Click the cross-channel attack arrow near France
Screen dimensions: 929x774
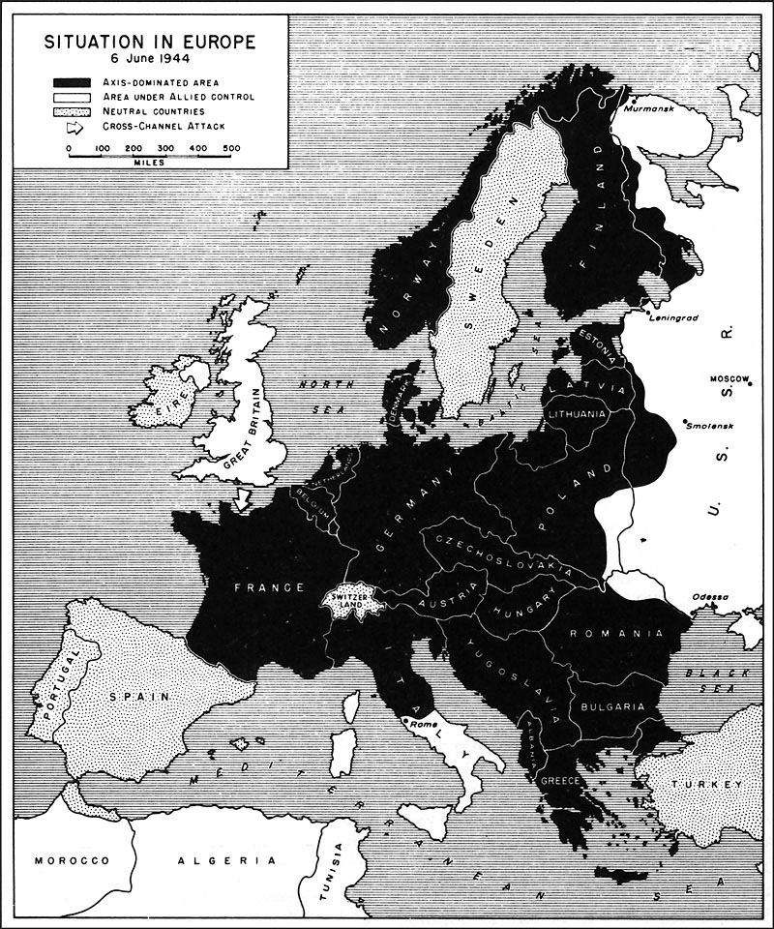click(x=243, y=498)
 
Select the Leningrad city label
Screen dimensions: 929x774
click(x=678, y=317)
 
